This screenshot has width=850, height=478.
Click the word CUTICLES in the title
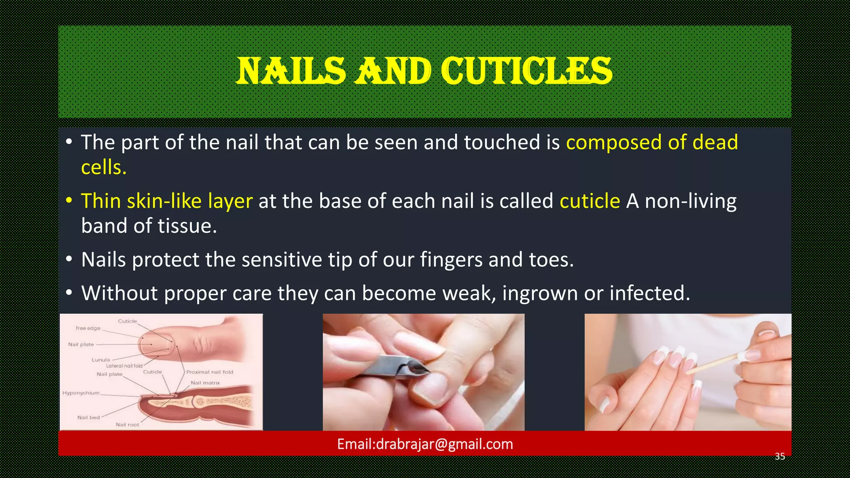pyautogui.click(x=526, y=71)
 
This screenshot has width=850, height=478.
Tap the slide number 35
pyautogui.click(x=780, y=457)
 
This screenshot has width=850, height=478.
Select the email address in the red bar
pyautogui.click(x=425, y=444)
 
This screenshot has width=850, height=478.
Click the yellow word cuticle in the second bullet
pyautogui.click(x=589, y=201)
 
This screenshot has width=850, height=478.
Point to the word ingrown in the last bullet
pyautogui.click(x=540, y=293)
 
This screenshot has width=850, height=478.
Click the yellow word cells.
pyautogui.click(x=104, y=168)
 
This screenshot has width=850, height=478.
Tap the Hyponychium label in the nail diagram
pyautogui.click(x=81, y=393)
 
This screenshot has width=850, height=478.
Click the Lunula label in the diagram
pyautogui.click(x=101, y=360)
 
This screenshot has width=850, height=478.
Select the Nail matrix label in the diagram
pyautogui.click(x=205, y=383)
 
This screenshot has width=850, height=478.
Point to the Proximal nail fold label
pyautogui.click(x=210, y=372)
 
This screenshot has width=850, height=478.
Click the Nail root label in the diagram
pyautogui.click(x=127, y=424)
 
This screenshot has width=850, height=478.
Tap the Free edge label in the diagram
pyautogui.click(x=88, y=328)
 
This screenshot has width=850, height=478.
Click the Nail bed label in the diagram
pyautogui.click(x=88, y=417)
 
